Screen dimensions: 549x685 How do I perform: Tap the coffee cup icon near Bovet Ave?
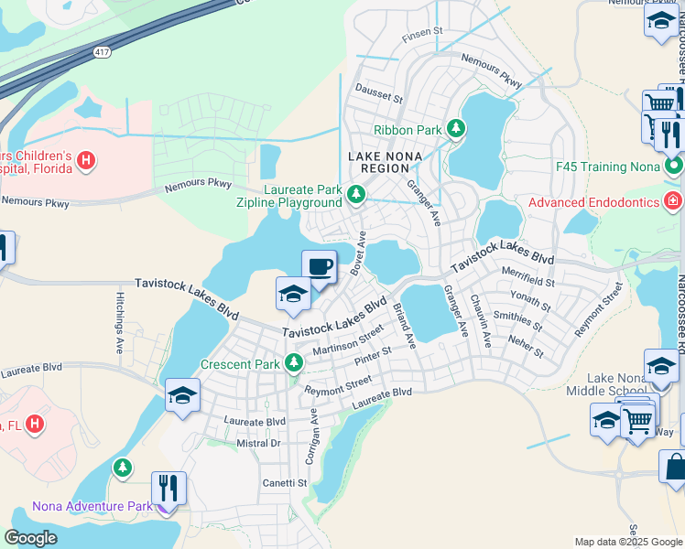[319, 267]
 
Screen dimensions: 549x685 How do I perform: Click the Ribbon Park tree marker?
[456, 130]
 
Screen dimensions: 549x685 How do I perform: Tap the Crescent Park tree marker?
[294, 363]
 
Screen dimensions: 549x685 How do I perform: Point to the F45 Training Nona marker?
[675, 167]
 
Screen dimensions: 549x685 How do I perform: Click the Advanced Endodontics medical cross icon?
[675, 200]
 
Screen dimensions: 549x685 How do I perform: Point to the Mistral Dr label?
[257, 443]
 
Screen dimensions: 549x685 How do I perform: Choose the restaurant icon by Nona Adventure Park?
[169, 488]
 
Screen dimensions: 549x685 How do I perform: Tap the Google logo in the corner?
[31, 537]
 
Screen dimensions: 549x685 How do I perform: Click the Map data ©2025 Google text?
[627, 542]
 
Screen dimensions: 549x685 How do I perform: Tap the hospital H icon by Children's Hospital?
[85, 162]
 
